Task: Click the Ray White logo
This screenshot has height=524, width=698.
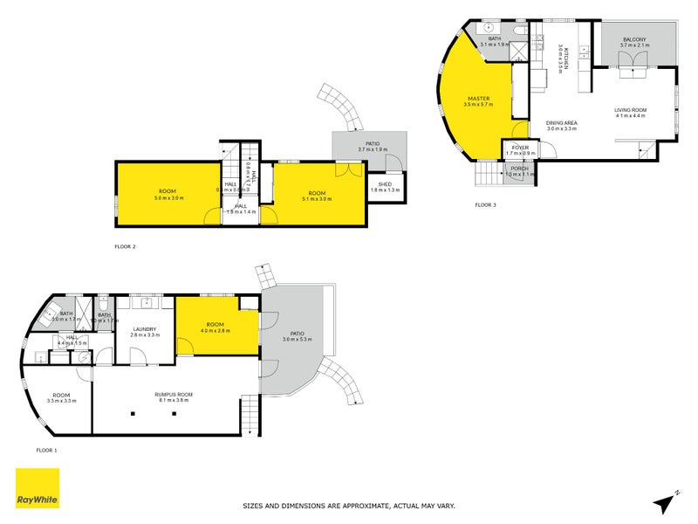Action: [x=38, y=488]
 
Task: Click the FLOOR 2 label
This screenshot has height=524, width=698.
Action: [x=125, y=247]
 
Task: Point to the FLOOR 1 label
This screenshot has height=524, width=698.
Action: [x=46, y=450]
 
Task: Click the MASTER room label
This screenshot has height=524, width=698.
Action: [x=477, y=99]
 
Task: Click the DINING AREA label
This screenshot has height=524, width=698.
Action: [x=562, y=123]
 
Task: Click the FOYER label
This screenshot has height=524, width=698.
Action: [x=520, y=148]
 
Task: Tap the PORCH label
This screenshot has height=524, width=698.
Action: [x=519, y=169]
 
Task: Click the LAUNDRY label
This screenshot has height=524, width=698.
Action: [x=144, y=329]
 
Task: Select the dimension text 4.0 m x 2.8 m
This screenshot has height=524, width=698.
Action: [x=215, y=330]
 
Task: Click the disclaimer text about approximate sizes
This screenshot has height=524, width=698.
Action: [x=348, y=505]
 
